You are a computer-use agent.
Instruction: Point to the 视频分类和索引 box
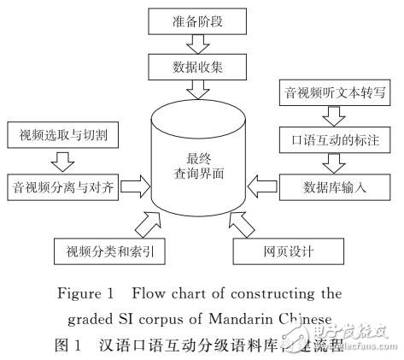(110, 251)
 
